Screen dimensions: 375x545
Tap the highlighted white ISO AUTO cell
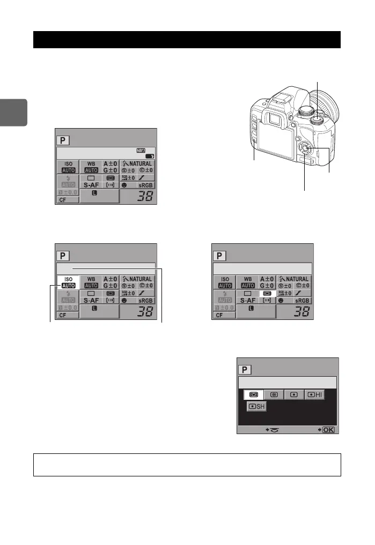coord(68,282)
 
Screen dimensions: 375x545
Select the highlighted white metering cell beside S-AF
coord(267,294)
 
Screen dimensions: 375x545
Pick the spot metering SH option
coord(256,407)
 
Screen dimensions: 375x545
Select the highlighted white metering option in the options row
coord(253,394)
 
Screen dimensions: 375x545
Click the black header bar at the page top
coord(187,40)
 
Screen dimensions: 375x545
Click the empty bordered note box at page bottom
coord(187,465)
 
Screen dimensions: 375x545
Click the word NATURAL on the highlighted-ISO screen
coord(139,279)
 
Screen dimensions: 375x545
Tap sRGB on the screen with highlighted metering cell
coord(302,301)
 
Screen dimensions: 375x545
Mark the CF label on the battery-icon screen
coord(63,200)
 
